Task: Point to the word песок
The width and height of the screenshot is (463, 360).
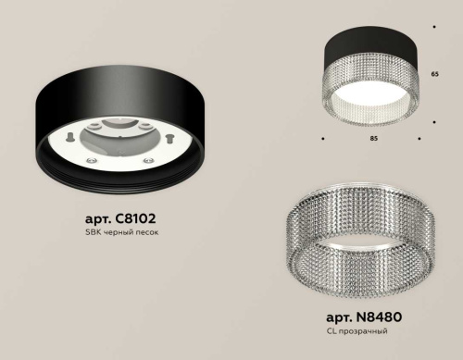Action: pos(145,232)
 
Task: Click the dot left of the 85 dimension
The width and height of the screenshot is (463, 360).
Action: pos(322,139)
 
